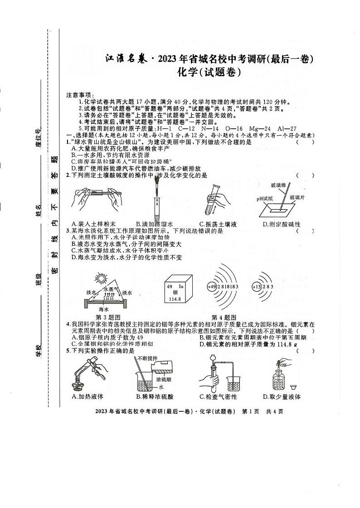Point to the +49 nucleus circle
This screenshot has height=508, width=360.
point(212,287)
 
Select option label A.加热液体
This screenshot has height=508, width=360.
point(88,396)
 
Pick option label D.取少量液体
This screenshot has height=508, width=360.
point(282,396)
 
